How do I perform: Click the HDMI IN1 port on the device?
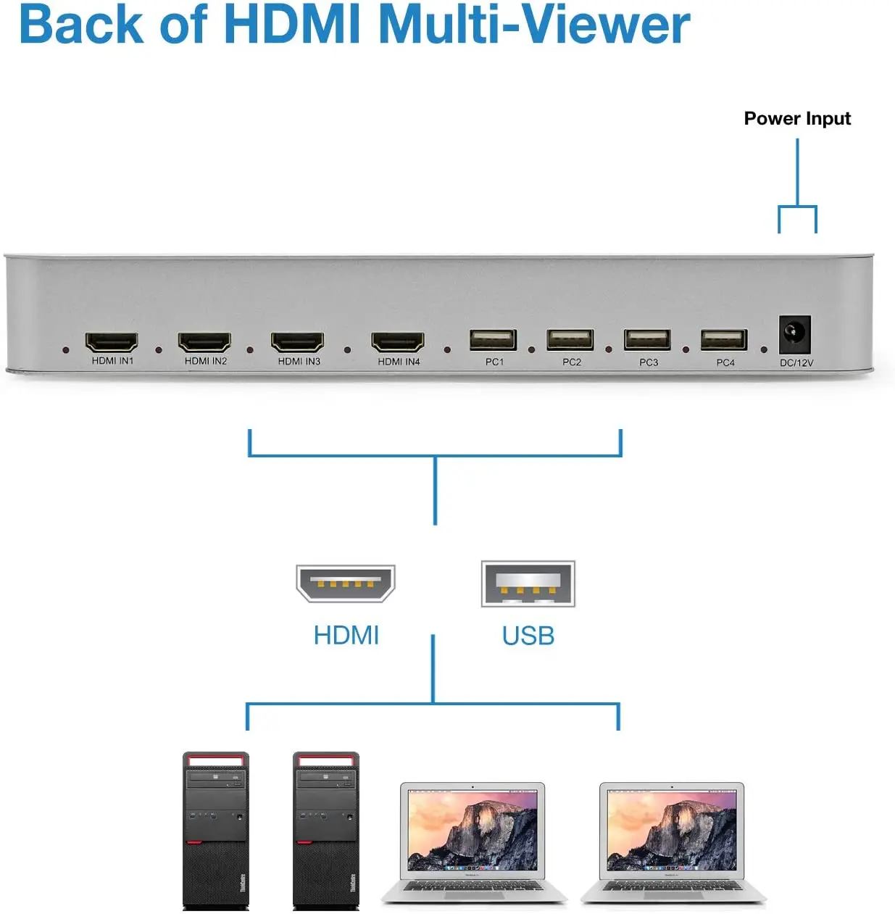pyautogui.click(x=112, y=341)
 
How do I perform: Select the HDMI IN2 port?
pyautogui.click(x=204, y=341)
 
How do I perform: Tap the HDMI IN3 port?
pyautogui.click(x=297, y=341)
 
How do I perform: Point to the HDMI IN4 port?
pyautogui.click(x=398, y=341)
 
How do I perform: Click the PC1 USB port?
pyautogui.click(x=494, y=340)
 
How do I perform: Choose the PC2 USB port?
pyautogui.click(x=570, y=340)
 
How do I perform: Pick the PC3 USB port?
pyautogui.click(x=647, y=340)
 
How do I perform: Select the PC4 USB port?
pyautogui.click(x=724, y=340)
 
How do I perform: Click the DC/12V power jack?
pyautogui.click(x=795, y=334)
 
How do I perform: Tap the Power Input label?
pyautogui.click(x=797, y=118)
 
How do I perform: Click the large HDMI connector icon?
pyautogui.click(x=346, y=583)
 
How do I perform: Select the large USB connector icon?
pyautogui.click(x=528, y=583)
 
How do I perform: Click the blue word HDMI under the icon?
pyautogui.click(x=346, y=636)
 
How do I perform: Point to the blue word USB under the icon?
pyautogui.click(x=528, y=636)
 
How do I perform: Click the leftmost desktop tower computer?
pyautogui.click(x=216, y=830)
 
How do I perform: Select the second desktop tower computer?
pyautogui.click(x=325, y=830)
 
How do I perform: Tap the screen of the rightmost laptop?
pyautogui.click(x=672, y=830)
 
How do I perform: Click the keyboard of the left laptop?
pyautogui.click(x=474, y=887)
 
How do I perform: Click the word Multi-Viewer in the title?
pyautogui.click(x=534, y=25)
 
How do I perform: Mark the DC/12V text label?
pyautogui.click(x=796, y=362)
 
